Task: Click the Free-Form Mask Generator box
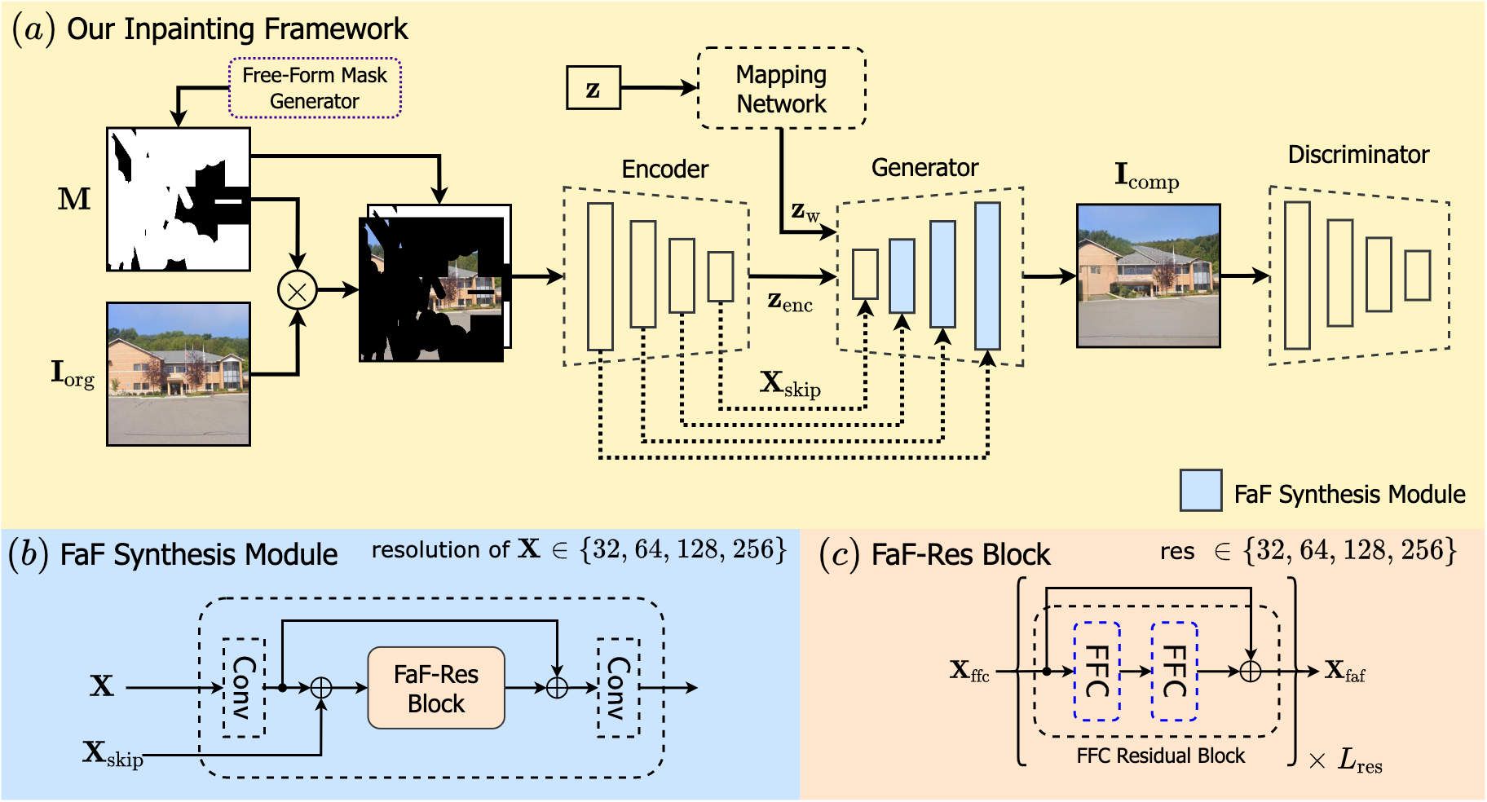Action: (315, 88)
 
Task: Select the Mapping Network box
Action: (781, 88)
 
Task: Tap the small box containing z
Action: (593, 88)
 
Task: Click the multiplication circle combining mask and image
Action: (298, 290)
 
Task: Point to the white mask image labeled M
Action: (179, 199)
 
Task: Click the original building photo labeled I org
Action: (179, 374)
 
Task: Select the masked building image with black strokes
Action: (435, 283)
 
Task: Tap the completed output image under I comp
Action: (1149, 275)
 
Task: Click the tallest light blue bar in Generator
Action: (987, 276)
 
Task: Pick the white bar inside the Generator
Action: (865, 274)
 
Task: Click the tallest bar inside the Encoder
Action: (600, 276)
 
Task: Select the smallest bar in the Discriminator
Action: (1418, 275)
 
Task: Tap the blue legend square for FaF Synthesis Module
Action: (1201, 491)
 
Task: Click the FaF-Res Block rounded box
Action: (436, 688)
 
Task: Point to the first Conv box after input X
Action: (244, 688)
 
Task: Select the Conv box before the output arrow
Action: (619, 688)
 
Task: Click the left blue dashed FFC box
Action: (1096, 671)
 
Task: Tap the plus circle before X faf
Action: (1250, 671)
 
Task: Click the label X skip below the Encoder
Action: (790, 384)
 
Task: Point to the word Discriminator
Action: (1358, 154)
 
